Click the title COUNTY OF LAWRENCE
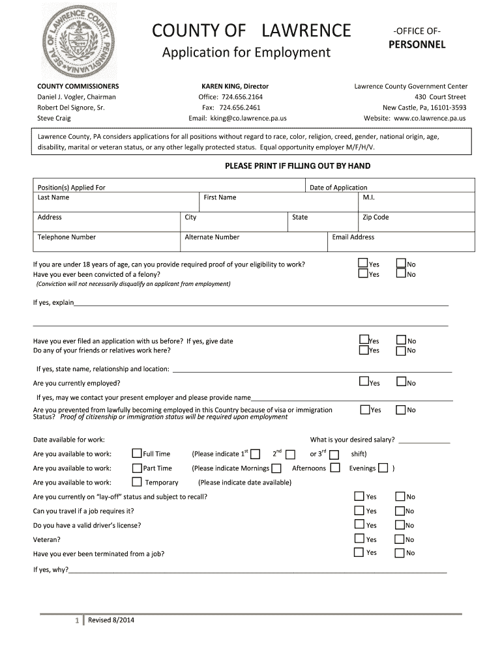(251, 31)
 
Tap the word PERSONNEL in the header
(417, 45)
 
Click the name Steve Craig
(54, 119)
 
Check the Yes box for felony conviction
(362, 274)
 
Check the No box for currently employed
(401, 382)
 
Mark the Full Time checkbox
(137, 453)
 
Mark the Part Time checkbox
(137, 468)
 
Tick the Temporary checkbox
(137, 482)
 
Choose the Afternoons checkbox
(335, 468)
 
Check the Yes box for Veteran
(359, 539)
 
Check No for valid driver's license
(400, 524)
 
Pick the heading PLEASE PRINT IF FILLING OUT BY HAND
(297, 166)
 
